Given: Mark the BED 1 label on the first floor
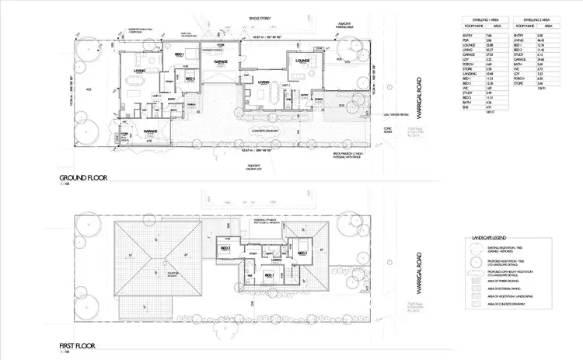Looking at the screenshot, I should (269, 274).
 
